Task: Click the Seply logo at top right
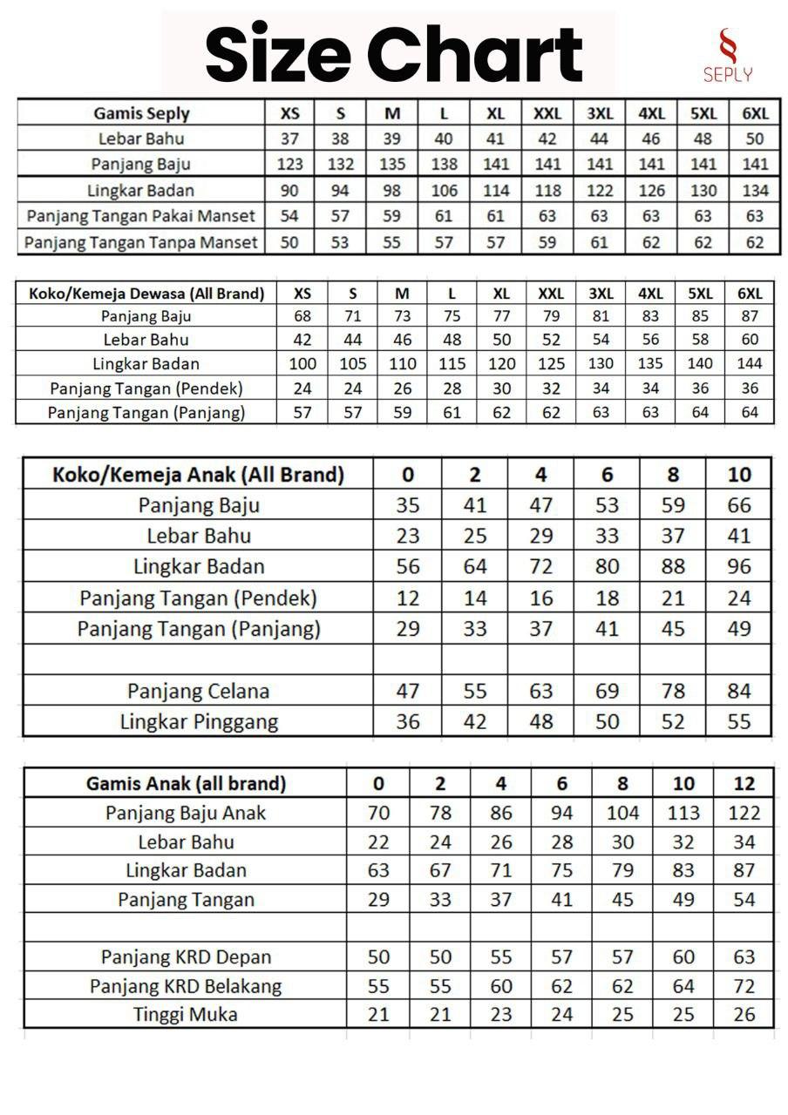[728, 55]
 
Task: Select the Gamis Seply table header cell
[141, 113]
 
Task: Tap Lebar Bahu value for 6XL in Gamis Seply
[755, 139]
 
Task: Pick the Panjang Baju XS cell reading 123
[289, 165]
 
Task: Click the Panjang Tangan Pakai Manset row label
[141, 216]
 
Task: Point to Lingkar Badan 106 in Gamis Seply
[444, 191]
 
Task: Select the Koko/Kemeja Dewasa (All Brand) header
[146, 294]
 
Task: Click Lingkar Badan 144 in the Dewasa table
[750, 363]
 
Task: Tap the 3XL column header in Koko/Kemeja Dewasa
[601, 294]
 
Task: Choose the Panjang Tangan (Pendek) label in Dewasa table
[146, 388]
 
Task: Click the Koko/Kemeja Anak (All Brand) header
[199, 475]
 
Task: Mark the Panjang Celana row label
[199, 692]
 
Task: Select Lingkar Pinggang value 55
[738, 721]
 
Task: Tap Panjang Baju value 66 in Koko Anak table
[738, 505]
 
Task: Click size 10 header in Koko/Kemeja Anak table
[738, 475]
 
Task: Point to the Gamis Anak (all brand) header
[186, 783]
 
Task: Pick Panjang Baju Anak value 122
[744, 813]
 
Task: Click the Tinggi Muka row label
[186, 1014]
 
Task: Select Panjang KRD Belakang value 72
[744, 986]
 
